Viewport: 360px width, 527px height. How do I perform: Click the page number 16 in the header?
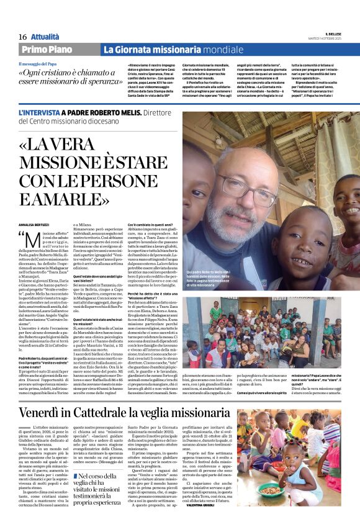click(22, 37)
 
